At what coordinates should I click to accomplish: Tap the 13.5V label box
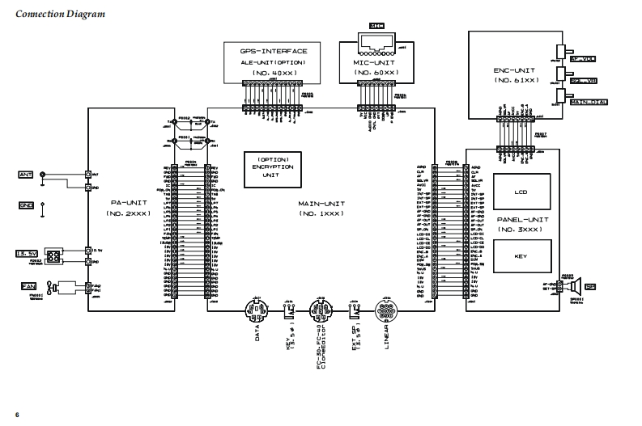pyautogui.click(x=28, y=255)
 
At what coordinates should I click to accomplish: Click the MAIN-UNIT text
pyautogui.click(x=317, y=205)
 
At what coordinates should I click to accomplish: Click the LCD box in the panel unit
pyautogui.click(x=521, y=192)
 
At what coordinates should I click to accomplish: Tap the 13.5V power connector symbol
pyautogui.click(x=53, y=256)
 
